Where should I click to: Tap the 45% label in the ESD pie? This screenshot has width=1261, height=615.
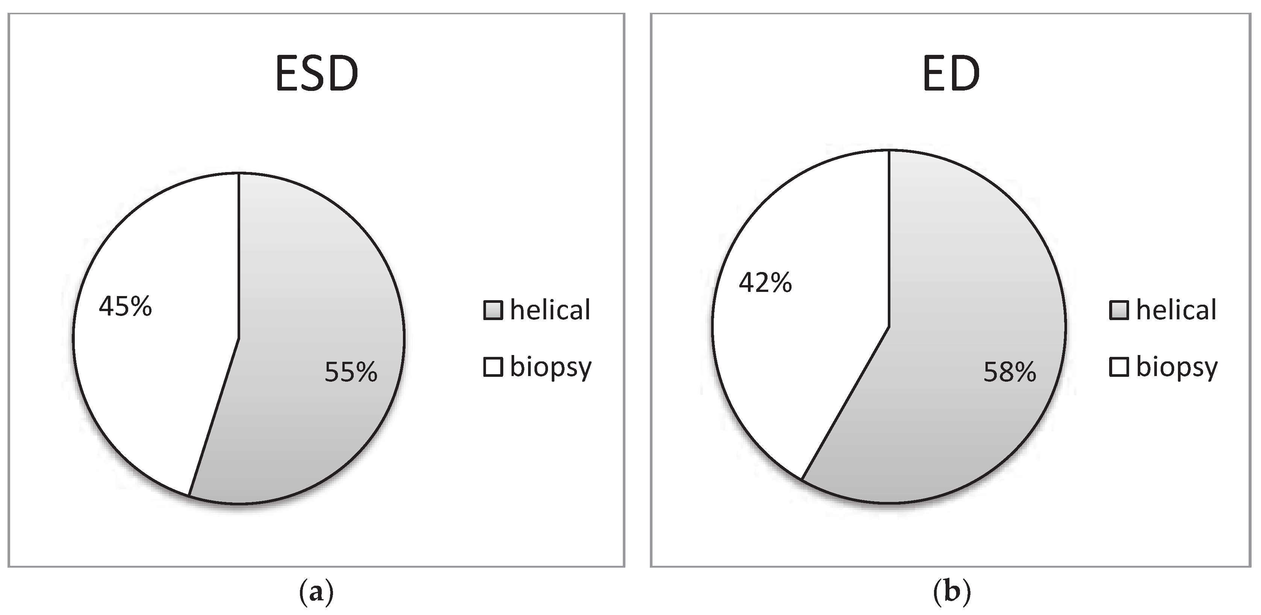(125, 307)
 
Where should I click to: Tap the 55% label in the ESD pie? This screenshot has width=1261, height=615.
(351, 372)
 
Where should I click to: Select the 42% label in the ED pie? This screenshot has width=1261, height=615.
(765, 283)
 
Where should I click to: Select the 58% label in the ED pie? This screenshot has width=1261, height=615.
(1010, 372)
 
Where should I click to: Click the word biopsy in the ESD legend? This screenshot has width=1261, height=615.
(551, 367)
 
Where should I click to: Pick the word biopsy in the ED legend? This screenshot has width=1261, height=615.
(1176, 367)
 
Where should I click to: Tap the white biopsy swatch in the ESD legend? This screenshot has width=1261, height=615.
(493, 367)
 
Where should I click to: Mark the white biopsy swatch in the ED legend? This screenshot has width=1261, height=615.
(1119, 367)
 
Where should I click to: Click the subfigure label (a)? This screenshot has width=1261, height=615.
(316, 592)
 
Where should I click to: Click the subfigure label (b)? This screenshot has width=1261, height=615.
(952, 592)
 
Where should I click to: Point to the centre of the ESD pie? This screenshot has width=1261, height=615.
(238, 338)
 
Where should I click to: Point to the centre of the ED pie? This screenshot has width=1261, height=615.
(889, 326)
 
